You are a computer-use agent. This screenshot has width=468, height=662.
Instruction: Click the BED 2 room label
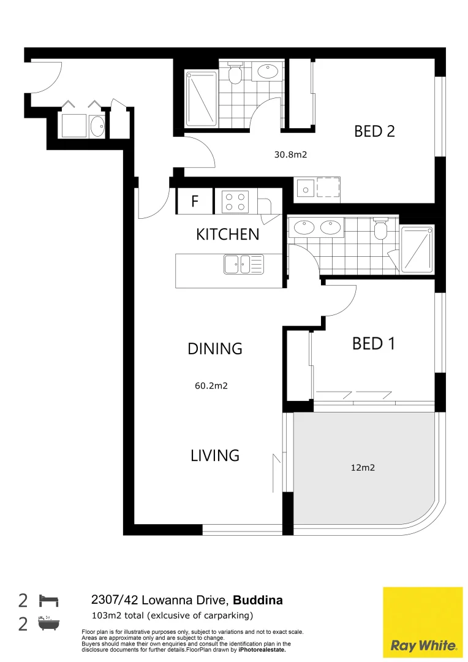click(x=374, y=131)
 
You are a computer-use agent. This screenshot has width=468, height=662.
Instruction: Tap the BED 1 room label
click(x=373, y=344)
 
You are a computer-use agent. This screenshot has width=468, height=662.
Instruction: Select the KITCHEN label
click(x=227, y=234)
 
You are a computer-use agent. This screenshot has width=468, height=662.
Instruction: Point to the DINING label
click(x=215, y=349)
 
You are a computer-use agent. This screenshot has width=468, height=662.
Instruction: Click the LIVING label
click(x=214, y=455)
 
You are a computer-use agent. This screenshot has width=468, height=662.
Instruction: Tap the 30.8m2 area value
click(x=290, y=155)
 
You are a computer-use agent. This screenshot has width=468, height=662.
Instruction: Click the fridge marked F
click(x=195, y=201)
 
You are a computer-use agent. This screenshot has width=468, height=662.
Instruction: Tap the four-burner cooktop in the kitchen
click(x=235, y=202)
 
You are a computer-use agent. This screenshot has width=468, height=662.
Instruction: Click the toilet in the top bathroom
click(x=234, y=74)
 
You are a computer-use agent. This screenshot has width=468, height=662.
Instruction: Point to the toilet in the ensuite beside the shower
click(x=380, y=229)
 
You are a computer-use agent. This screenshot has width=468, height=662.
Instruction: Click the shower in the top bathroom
click(x=201, y=99)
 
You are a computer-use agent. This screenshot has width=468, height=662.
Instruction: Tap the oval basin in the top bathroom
click(x=268, y=72)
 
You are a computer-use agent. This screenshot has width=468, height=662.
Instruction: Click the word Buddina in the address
click(x=259, y=600)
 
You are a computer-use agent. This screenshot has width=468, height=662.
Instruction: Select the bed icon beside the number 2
click(x=48, y=599)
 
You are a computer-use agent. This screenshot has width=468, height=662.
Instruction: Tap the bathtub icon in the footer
click(x=48, y=624)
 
